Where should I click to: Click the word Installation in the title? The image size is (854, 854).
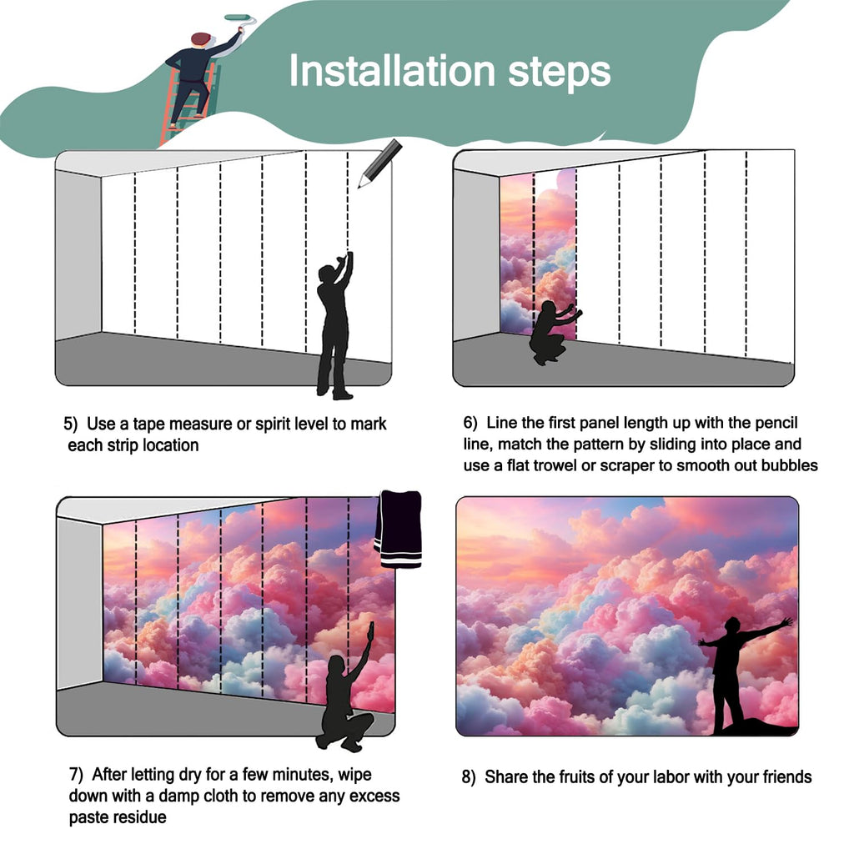pos(392,70)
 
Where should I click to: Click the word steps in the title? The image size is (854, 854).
pos(560,73)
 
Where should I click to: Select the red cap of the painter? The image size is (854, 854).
pos(201,38)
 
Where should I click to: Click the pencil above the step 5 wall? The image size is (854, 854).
pos(379,163)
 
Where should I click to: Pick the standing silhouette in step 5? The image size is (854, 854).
pos(334,325)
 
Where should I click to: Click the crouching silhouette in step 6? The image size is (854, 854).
pos(554,332)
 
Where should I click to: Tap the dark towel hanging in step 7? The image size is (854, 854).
pos(398,529)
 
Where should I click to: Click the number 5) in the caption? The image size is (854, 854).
pos(71,424)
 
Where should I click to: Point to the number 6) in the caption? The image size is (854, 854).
pos(470,423)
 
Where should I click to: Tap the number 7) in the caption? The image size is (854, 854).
pos(76,774)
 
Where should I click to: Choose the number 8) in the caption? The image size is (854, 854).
pos(469,776)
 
